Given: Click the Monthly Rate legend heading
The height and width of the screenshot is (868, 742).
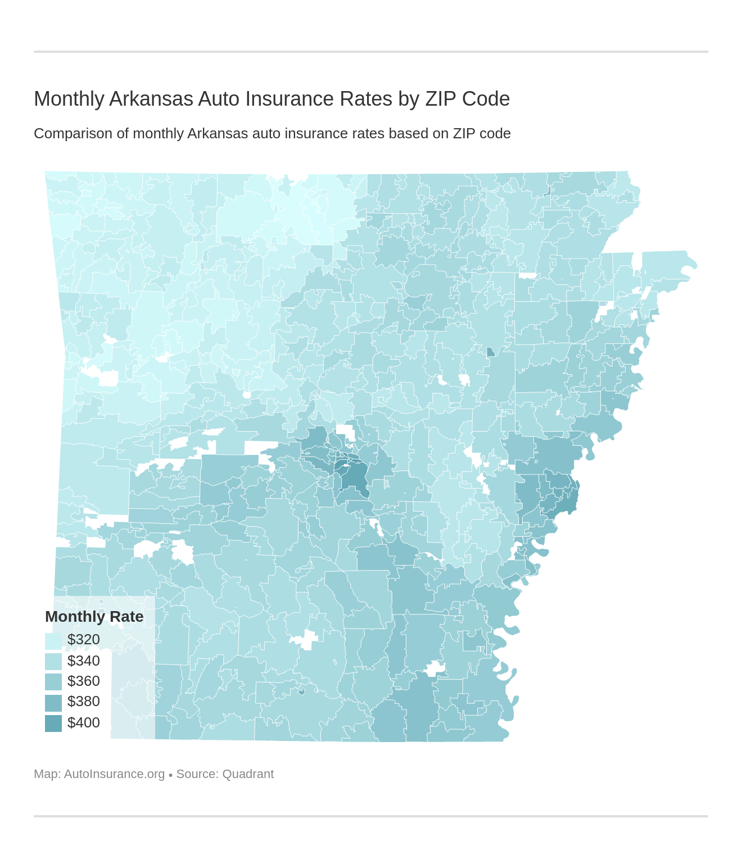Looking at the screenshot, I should pyautogui.click(x=94, y=617).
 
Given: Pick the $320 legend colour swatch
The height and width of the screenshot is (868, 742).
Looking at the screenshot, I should pyautogui.click(x=53, y=640).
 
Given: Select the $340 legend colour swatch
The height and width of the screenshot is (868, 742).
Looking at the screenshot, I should pyautogui.click(x=53, y=661).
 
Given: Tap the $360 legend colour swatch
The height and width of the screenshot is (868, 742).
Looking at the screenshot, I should pyautogui.click(x=53, y=681).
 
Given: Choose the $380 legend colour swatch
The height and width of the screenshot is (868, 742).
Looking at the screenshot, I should pyautogui.click(x=53, y=702).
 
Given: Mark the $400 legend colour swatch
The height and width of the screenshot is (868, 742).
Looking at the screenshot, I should pyautogui.click(x=53, y=723).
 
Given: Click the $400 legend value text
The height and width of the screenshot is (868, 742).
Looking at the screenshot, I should pyautogui.click(x=83, y=723).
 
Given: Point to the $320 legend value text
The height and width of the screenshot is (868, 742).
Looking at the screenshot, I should pyautogui.click(x=83, y=640).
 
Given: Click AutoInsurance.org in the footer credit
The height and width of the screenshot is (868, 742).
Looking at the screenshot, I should pyautogui.click(x=114, y=774).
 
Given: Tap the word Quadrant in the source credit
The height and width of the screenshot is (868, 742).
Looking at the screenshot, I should pyautogui.click(x=248, y=774).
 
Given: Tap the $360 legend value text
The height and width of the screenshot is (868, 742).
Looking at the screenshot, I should pyautogui.click(x=83, y=681).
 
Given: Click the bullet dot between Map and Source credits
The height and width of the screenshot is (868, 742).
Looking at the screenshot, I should pyautogui.click(x=170, y=775).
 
